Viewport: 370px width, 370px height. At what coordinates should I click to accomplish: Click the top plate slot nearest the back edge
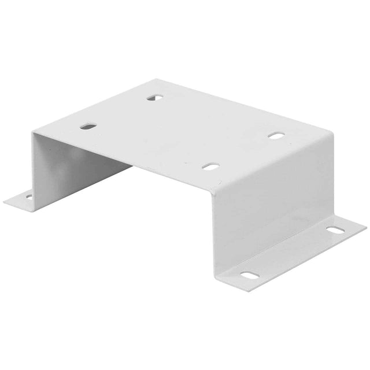[x=154, y=98]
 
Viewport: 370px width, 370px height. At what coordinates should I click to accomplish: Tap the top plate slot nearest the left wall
[x=87, y=125]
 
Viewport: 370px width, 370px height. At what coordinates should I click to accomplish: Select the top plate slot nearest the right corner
[x=276, y=136]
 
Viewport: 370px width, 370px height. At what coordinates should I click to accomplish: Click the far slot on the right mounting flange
[x=334, y=231]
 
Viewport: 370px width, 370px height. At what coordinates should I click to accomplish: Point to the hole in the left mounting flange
[x=28, y=197]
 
